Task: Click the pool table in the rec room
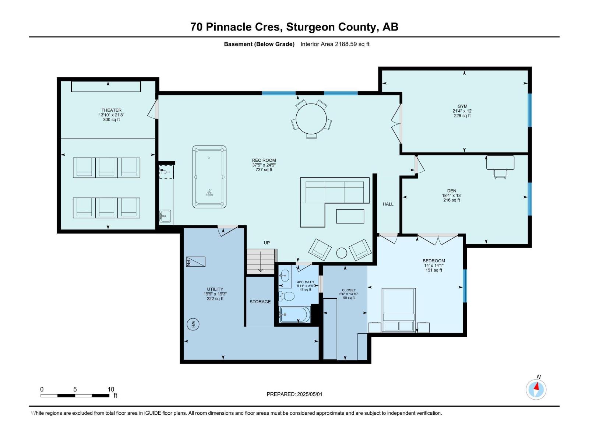point(209,177)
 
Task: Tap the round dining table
point(311,118)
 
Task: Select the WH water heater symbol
point(193,324)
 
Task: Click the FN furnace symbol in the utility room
point(195,262)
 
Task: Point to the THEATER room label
point(112,110)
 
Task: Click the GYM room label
point(462,106)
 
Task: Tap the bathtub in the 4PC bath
point(294,315)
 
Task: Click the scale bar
point(75,396)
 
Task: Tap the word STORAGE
point(260,302)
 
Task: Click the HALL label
point(388,204)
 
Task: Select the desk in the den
point(500,162)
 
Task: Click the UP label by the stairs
point(267,243)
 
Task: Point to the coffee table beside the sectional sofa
point(350,216)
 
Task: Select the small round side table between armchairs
point(342,253)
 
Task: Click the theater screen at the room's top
point(106,87)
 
